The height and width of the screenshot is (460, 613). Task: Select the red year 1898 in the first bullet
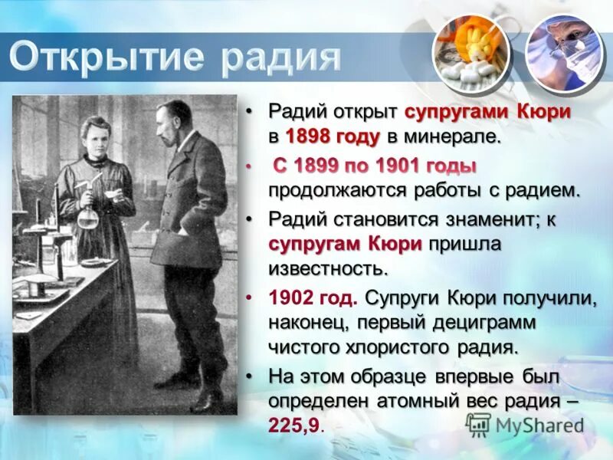click(x=310, y=137)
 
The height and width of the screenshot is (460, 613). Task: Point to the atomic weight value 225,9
click(x=294, y=425)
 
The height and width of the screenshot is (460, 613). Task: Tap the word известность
click(x=328, y=268)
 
